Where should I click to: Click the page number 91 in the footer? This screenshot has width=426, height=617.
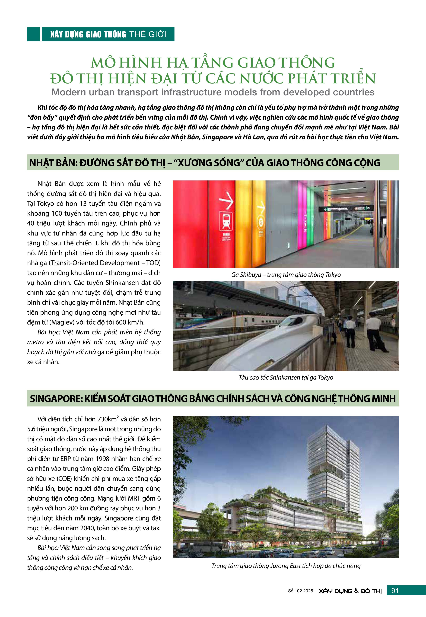(x=395, y=591)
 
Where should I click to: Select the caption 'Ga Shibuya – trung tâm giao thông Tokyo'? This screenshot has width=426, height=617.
(x=286, y=275)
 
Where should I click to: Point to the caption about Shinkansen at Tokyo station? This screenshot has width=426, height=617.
(x=286, y=377)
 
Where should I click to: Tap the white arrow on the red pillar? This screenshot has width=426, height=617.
(x=226, y=200)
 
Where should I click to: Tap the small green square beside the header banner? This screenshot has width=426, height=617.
(x=33, y=34)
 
